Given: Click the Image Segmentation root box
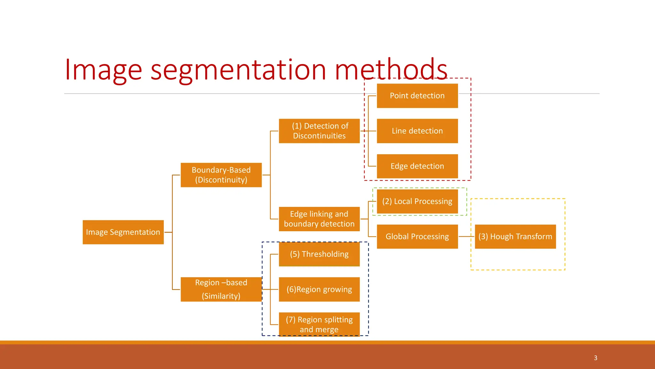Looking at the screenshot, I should coord(123,232).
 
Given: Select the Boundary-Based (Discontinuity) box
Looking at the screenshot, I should coord(221,175).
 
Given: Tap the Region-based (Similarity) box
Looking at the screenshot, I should coord(221,289).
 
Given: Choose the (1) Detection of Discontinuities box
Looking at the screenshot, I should coord(319,131).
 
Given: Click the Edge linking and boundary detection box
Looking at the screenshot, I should coord(319,219).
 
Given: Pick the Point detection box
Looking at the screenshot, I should coord(417,96).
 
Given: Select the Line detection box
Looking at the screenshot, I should coord(417,131).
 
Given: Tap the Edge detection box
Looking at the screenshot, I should coord(417,166).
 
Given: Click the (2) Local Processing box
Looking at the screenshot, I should coord(417,201).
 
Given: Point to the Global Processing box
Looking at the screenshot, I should coord(417,237).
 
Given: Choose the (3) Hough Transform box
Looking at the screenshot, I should coord(515,237).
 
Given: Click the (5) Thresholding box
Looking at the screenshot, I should coord(319,254).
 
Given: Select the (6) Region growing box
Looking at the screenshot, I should coord(319,289).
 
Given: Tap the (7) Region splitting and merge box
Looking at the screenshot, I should coord(319,324).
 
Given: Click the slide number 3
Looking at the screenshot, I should coord(596,358).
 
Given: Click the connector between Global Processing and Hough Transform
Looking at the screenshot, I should coord(466,237).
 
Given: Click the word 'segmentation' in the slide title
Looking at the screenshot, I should coord(238,70).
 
